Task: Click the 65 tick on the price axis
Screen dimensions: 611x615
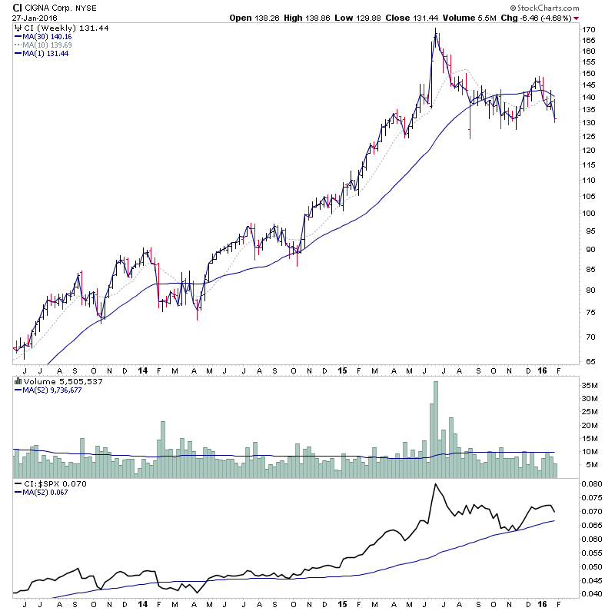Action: (587, 360)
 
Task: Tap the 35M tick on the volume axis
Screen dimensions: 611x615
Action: (590, 385)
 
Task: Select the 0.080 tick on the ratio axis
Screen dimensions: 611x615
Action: (592, 484)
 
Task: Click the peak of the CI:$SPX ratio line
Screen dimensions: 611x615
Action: (435, 484)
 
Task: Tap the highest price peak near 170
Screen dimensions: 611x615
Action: (435, 31)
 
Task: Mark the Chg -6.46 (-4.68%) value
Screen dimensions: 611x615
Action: (545, 18)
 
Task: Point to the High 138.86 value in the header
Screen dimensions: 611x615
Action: (299, 18)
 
